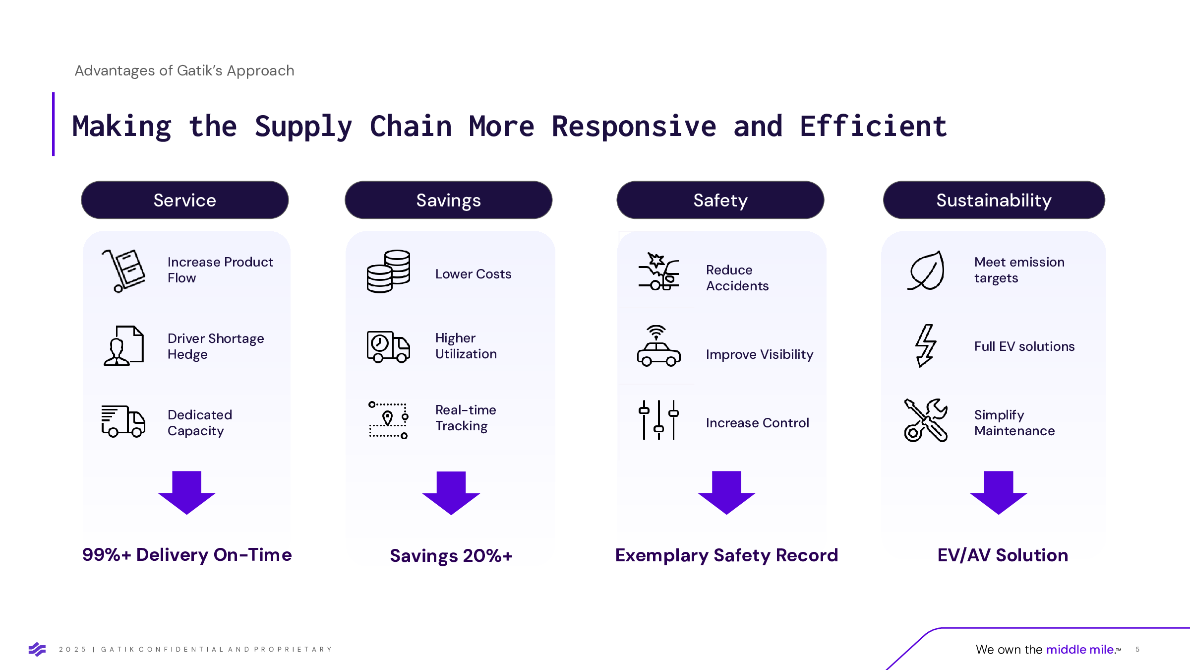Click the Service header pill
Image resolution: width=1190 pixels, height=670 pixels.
click(185, 200)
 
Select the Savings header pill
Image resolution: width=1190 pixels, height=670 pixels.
click(449, 200)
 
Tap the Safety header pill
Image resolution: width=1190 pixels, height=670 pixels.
click(720, 200)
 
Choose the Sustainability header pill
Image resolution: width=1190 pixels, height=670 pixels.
click(994, 200)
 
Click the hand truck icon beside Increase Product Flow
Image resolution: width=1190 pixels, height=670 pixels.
click(123, 271)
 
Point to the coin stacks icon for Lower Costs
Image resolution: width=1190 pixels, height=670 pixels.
click(389, 271)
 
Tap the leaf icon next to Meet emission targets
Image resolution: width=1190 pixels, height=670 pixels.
click(926, 270)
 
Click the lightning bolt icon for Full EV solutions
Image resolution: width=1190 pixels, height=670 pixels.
click(926, 346)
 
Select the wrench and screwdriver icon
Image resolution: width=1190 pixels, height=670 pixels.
click(926, 420)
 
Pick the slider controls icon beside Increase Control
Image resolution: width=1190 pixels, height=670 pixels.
click(659, 420)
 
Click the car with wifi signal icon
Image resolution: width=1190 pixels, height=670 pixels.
click(659, 346)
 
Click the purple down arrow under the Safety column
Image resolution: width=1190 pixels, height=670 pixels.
click(726, 493)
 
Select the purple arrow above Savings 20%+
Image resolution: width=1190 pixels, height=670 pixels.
click(451, 493)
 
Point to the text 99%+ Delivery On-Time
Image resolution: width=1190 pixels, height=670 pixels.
click(187, 555)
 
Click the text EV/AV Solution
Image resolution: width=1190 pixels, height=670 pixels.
click(1003, 555)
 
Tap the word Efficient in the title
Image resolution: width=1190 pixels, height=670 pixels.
click(873, 126)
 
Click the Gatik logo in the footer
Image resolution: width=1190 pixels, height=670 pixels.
click(37, 649)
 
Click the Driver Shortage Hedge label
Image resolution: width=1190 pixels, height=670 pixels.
click(216, 346)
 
